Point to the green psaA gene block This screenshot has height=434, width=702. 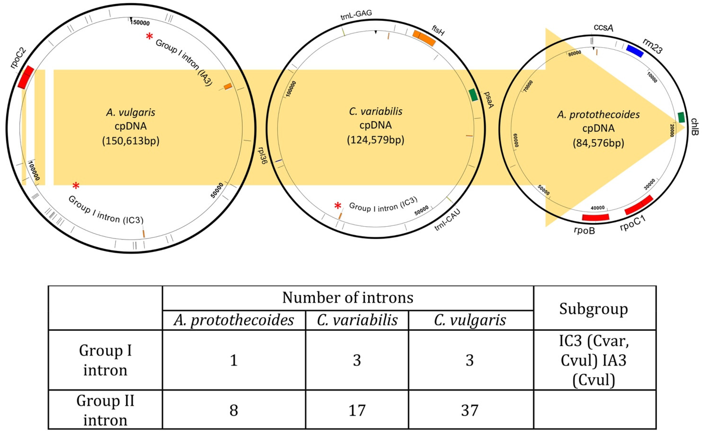point(473,95)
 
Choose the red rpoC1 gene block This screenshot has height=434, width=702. point(639,205)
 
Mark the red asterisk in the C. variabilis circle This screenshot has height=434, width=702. point(338,206)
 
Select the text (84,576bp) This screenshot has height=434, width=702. point(598,143)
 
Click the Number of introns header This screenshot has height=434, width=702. point(348,298)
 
